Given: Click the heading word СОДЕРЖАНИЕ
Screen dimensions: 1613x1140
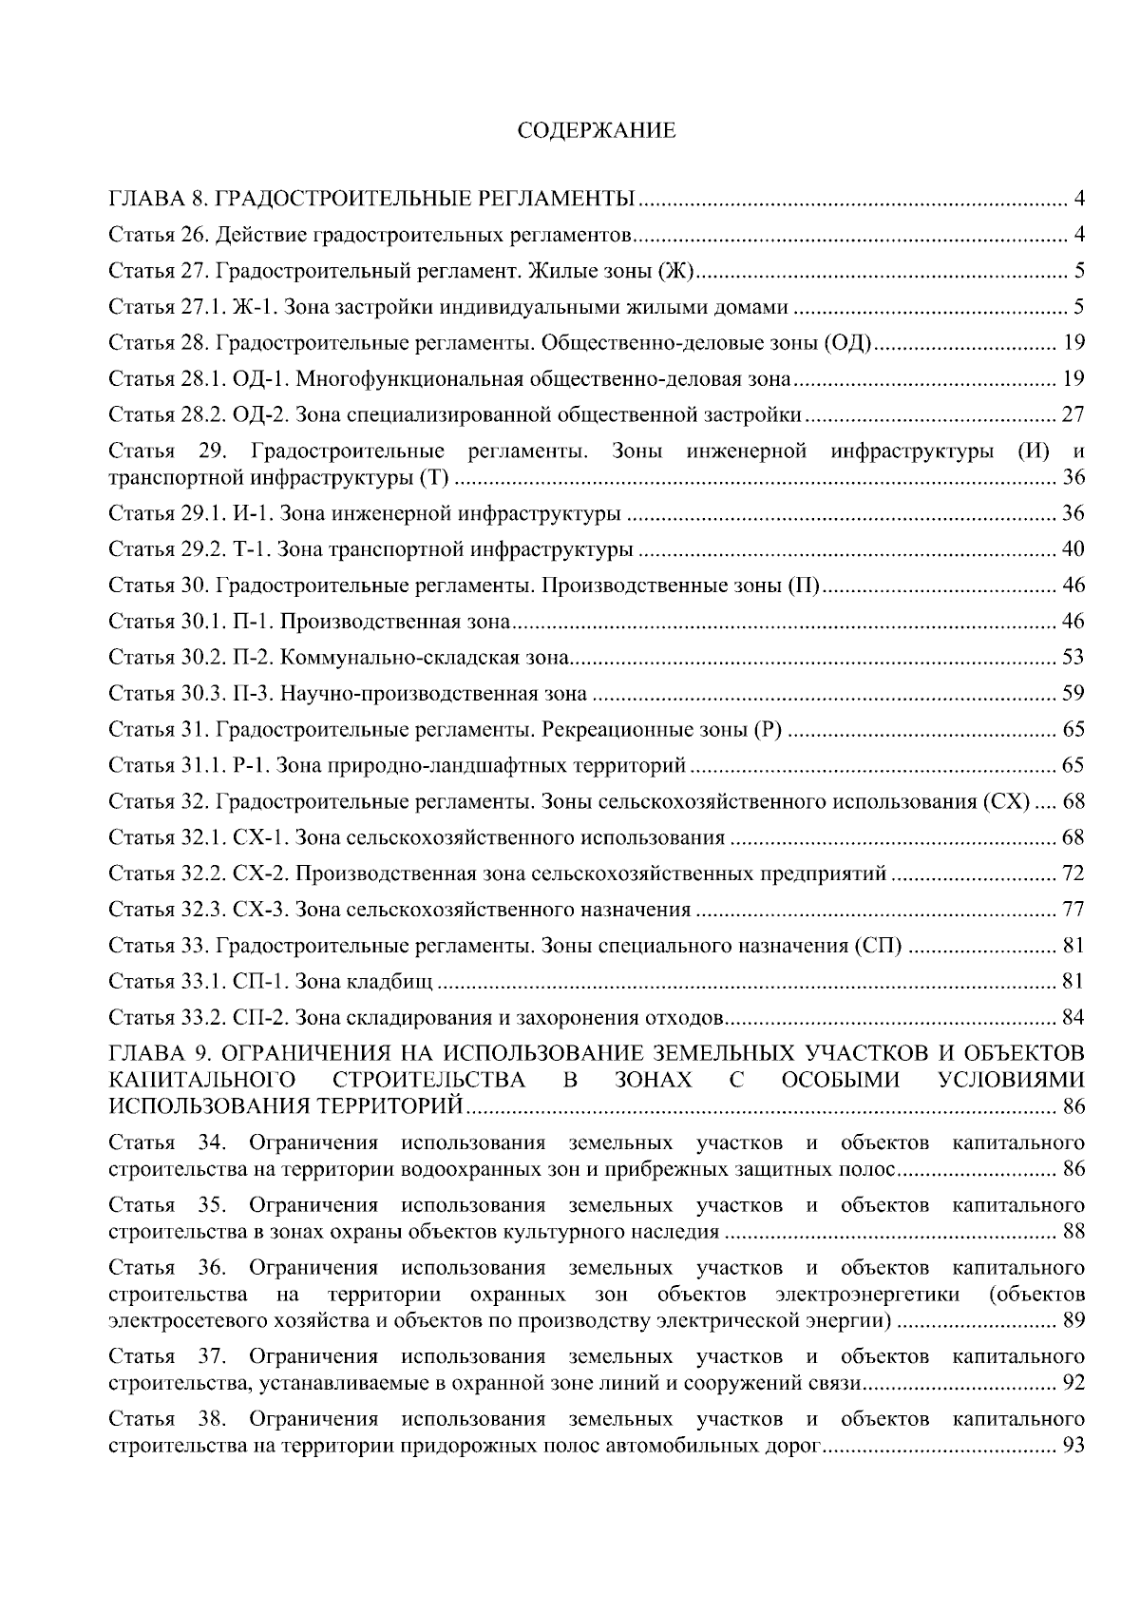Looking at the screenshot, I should point(597,131).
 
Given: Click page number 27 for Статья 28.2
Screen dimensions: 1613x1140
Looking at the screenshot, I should point(1073,414).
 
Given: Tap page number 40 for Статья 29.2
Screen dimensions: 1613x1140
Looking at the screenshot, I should point(1073,549).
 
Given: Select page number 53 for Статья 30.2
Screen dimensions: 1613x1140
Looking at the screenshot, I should point(1073,658).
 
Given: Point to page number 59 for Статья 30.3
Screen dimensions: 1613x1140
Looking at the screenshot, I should point(1073,694).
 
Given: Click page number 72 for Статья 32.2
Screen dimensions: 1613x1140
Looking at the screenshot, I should point(1073,874).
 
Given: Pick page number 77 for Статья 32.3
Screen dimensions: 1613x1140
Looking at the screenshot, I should point(1073,910).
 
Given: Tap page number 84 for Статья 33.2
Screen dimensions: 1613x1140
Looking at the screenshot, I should point(1073,1018).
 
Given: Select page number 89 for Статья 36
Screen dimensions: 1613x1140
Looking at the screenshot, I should point(1073,1321).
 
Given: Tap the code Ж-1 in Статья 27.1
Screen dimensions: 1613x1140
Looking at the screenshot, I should point(256,307).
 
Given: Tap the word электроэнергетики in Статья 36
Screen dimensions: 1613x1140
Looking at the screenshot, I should point(867,1295).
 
